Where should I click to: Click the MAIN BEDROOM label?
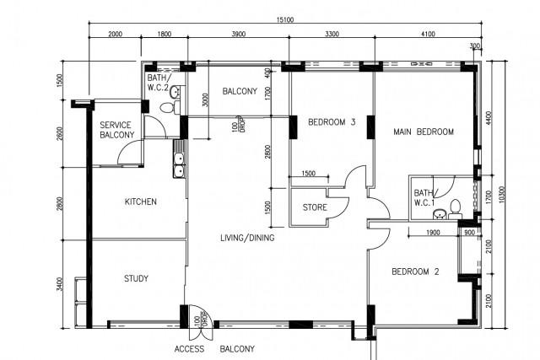[x=424, y=132]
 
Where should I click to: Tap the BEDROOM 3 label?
[x=332, y=122]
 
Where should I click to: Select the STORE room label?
[x=315, y=207]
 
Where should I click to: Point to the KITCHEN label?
[x=141, y=201]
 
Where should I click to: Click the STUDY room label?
[x=136, y=278]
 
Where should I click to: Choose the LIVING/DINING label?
[x=247, y=238]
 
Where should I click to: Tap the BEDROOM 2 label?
[x=415, y=271]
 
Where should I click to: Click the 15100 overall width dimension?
[x=285, y=20]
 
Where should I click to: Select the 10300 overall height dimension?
[x=501, y=195]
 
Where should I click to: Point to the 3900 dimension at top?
[x=238, y=34]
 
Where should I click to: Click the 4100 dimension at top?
[x=428, y=34]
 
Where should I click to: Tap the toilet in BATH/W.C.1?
[x=456, y=209]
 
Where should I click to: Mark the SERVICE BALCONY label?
[x=117, y=130]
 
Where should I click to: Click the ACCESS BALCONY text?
[x=214, y=349]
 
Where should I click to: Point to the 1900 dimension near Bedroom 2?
[x=433, y=233]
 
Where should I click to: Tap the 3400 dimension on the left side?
[x=60, y=284]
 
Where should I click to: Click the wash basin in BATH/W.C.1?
[x=440, y=214]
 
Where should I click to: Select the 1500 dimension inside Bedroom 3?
[x=309, y=174]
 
